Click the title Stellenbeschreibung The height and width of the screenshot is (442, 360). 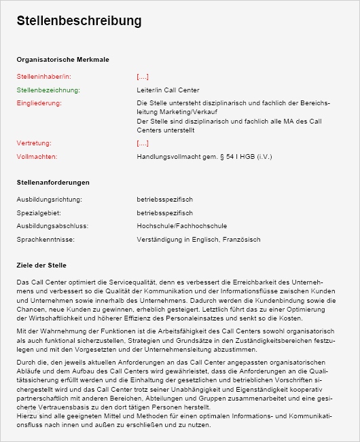click(x=79, y=21)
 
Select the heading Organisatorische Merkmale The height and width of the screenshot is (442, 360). click(x=62, y=60)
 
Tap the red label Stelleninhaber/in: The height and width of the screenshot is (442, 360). click(x=43, y=77)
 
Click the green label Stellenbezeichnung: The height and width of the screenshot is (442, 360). click(x=48, y=90)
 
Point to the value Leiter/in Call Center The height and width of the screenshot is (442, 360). click(x=168, y=90)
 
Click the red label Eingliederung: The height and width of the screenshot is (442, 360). click(x=39, y=103)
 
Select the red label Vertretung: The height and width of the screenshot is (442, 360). click(x=34, y=143)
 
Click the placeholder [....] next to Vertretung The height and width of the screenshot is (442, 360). click(x=143, y=143)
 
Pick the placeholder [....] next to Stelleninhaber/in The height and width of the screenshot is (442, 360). click(x=143, y=77)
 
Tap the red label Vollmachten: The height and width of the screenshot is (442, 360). click(x=37, y=156)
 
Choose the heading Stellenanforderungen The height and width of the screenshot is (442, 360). click(x=53, y=183)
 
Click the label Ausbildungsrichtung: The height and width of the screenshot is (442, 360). click(x=49, y=200)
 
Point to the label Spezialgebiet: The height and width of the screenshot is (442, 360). click(x=38, y=213)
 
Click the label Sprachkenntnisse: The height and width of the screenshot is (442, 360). click(x=46, y=239)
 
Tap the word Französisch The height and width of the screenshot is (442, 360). click(x=240, y=240)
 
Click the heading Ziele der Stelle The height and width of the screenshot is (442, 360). click(x=41, y=265)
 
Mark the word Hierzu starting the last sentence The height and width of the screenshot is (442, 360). click(x=26, y=415)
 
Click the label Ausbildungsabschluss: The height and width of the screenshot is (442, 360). click(x=52, y=226)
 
